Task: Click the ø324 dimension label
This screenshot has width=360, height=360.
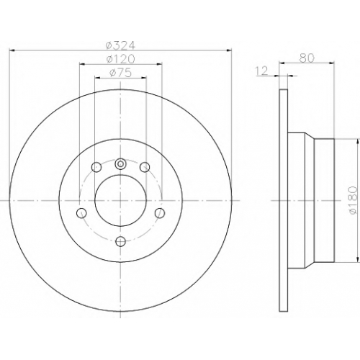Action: coord(121,45)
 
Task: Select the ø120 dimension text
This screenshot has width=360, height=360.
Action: coord(121,59)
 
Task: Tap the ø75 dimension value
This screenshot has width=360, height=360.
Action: coord(121,73)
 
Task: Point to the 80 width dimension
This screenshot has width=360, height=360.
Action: coord(307,58)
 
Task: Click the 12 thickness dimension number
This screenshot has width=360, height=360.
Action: coord(261,71)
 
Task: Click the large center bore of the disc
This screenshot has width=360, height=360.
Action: coord(120,200)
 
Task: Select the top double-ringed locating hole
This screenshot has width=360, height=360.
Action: coord(120,164)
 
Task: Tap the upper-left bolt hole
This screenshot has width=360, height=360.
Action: coord(96,167)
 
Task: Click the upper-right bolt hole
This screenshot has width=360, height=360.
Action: coord(145,167)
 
